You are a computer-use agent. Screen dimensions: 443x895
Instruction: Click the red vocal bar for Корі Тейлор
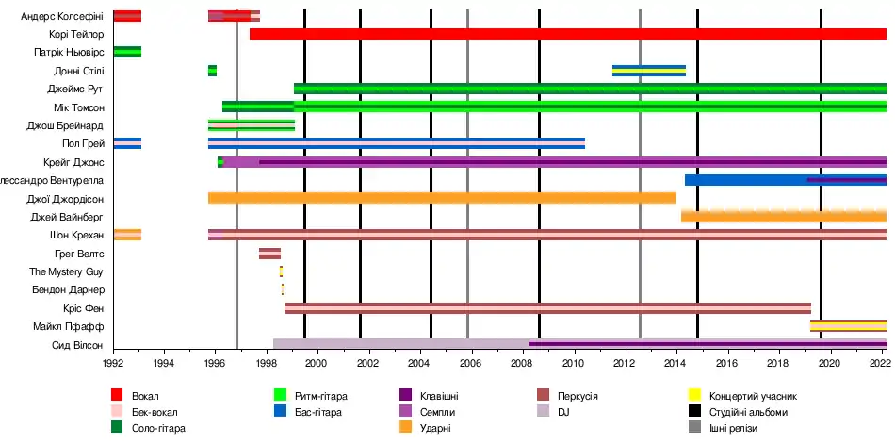point(565,34)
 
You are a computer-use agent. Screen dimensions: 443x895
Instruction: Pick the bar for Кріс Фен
point(546,307)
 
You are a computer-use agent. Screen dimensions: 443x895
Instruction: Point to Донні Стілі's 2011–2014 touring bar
point(648,71)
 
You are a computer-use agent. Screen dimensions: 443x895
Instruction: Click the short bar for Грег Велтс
point(269,253)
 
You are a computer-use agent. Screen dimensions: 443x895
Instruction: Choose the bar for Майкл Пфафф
point(848,326)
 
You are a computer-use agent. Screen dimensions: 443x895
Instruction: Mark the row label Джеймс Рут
point(75,89)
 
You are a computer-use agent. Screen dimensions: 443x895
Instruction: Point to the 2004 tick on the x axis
point(420,361)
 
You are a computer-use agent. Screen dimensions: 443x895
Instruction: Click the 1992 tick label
point(113,361)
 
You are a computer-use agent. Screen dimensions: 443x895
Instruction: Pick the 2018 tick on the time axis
point(778,361)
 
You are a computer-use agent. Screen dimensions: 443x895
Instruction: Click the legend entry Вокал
point(145,395)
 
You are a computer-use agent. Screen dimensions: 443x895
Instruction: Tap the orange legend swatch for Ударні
point(405,428)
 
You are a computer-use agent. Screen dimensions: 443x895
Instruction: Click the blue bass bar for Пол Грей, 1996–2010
point(396,143)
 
